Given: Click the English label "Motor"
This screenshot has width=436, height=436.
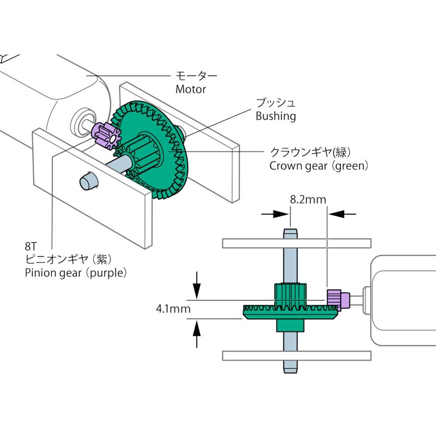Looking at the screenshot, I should pos(190,89).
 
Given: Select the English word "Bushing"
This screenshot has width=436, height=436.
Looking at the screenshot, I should pos(276,116).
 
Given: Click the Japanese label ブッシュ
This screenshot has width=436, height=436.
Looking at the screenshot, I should pos(276,103).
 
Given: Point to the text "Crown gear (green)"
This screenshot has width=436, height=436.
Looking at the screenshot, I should pos(319,165).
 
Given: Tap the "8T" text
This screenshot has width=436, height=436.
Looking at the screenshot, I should pos(32,247).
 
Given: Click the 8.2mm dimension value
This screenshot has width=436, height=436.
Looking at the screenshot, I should pos(307,200).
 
